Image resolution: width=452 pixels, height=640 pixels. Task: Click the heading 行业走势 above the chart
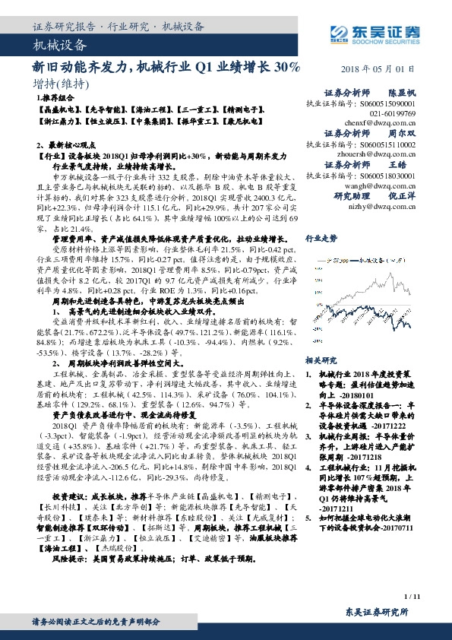(321, 238)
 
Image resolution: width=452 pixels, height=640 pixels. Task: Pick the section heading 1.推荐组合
(55, 99)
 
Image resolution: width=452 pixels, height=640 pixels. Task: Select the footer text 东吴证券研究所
(377, 612)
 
